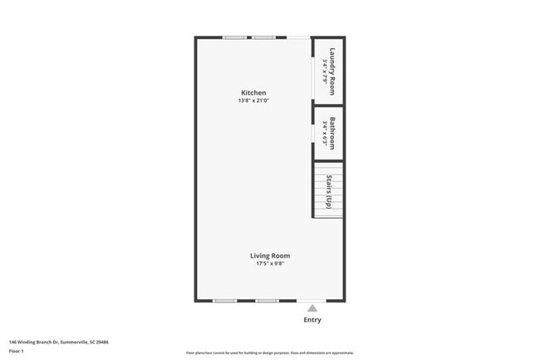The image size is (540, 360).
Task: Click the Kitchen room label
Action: [x=253, y=92]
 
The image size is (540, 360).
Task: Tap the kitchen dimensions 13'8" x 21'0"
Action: [x=253, y=101]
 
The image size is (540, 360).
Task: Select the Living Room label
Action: [x=270, y=255]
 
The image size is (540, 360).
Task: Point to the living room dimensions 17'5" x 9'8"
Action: [x=270, y=264]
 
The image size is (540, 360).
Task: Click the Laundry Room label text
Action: [x=333, y=70]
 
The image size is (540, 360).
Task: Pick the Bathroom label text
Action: [x=333, y=133]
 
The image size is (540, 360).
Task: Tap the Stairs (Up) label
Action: [x=331, y=190]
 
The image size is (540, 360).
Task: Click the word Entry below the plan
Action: [x=312, y=320]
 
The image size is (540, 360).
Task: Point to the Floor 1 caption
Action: [x=17, y=352]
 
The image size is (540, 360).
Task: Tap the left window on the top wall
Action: [x=234, y=37]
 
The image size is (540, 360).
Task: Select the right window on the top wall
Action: [x=264, y=37]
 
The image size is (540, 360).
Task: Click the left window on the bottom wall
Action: [x=224, y=301]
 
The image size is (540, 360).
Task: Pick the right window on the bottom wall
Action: [x=267, y=301]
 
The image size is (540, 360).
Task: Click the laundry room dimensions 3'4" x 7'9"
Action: [x=324, y=70]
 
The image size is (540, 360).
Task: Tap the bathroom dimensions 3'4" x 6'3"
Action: [x=324, y=133]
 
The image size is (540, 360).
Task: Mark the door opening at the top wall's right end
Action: [x=298, y=37]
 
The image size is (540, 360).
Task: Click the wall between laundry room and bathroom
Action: [x=329, y=104]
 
